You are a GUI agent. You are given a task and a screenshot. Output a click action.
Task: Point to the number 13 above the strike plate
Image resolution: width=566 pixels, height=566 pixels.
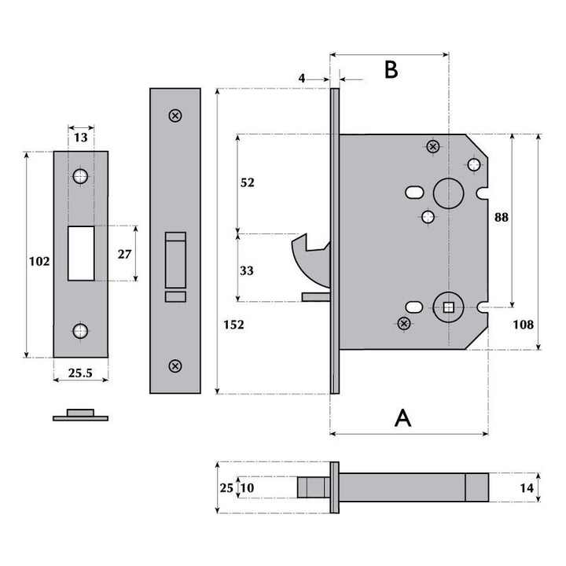pyautogui.click(x=80, y=138)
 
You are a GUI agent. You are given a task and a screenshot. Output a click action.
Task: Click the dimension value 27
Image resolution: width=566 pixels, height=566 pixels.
pyautogui.click(x=123, y=254)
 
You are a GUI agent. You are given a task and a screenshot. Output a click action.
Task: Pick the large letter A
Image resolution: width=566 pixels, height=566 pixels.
pyautogui.click(x=402, y=417)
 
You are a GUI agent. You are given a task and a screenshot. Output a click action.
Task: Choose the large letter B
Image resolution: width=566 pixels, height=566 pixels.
pyautogui.click(x=391, y=69)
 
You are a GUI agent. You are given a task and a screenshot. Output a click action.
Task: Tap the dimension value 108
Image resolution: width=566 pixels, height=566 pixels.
pyautogui.click(x=522, y=324)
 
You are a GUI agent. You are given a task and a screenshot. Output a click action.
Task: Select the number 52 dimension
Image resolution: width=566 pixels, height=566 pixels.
pyautogui.click(x=247, y=182)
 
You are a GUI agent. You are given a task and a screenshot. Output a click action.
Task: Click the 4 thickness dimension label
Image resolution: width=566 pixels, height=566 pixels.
pyautogui.click(x=302, y=78)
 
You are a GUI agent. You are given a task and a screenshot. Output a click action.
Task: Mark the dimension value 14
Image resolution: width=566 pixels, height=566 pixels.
pyautogui.click(x=527, y=488)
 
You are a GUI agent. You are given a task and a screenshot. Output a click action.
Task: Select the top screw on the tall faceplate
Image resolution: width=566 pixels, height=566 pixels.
pyautogui.click(x=175, y=116)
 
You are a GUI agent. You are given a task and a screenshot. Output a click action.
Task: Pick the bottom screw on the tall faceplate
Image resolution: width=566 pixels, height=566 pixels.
pyautogui.click(x=175, y=366)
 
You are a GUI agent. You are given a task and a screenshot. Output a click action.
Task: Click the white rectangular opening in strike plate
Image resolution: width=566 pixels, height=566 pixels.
pyautogui.click(x=80, y=253)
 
